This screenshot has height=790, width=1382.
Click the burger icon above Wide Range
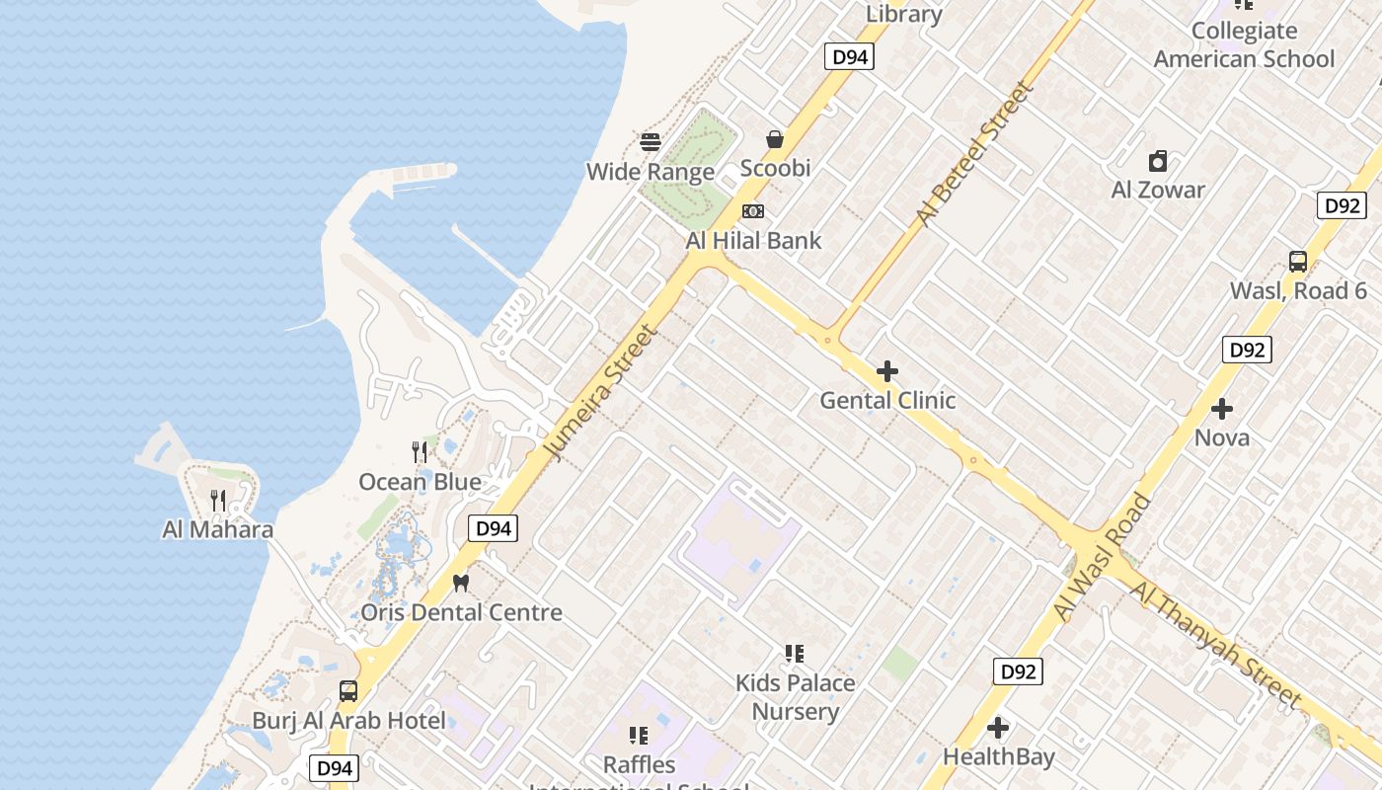pos(651,141)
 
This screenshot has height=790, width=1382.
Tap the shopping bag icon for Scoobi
pos(775,139)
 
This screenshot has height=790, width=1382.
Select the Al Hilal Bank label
pos(753,240)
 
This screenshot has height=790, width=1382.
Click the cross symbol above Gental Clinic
pos(887,371)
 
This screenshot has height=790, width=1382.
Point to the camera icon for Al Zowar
pos(1158,160)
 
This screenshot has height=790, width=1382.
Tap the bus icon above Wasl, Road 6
pos(1298,262)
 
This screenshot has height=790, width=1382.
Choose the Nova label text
pos(1222,437)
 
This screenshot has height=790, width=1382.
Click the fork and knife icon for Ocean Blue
pos(421,452)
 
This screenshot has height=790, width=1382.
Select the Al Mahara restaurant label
pos(217,529)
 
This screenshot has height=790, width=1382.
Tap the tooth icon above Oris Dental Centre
pos(460,583)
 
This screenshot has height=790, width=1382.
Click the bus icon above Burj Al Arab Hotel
pos(348,691)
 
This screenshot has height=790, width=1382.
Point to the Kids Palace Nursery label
pos(795,696)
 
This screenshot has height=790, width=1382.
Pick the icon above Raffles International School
pos(639,736)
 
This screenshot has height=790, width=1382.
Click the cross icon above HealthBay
pos(998,728)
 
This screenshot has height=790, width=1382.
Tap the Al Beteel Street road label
pos(975,154)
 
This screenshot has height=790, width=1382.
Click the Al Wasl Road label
pos(1102,557)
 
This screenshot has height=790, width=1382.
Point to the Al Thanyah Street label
pos(1215,645)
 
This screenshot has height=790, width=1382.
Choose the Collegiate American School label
pos(1244,44)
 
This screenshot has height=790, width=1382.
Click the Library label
pos(903,14)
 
